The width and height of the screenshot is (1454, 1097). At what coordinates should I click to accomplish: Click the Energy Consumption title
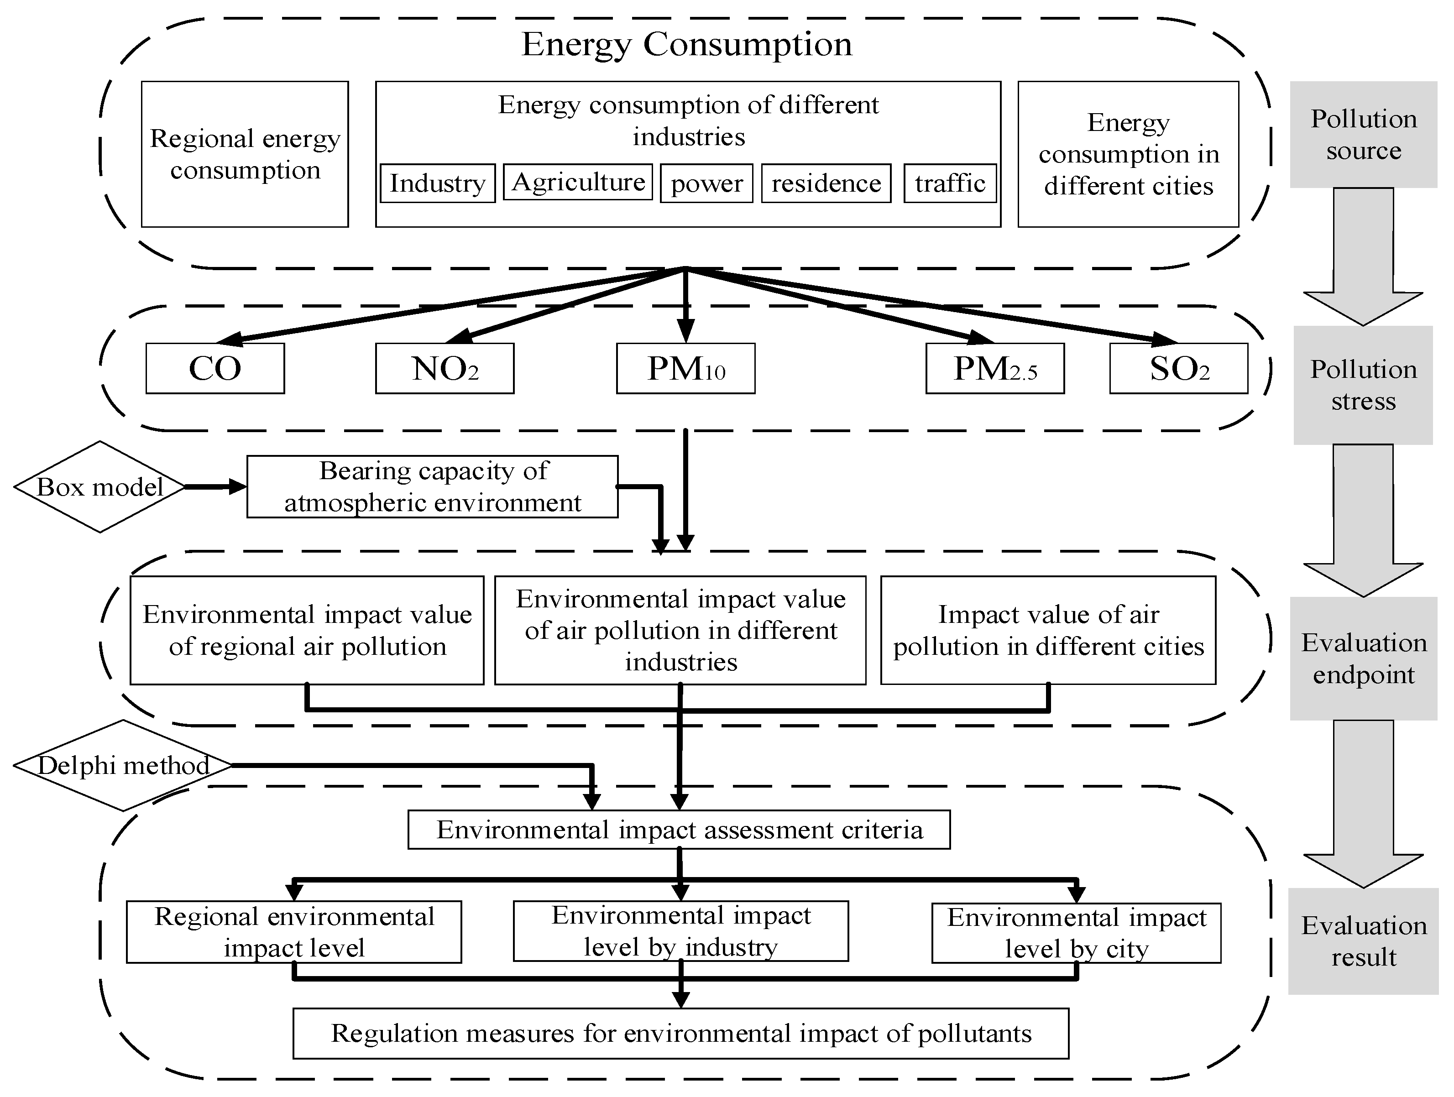tap(687, 45)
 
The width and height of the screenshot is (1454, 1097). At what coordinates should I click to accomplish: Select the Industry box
tap(437, 183)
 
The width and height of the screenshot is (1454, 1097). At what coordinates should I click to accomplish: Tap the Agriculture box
tap(578, 182)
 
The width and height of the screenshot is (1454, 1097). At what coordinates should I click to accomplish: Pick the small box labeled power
tap(706, 183)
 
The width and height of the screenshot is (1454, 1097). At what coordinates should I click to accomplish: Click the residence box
tap(826, 183)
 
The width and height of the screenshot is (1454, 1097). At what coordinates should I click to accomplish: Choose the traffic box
tap(950, 183)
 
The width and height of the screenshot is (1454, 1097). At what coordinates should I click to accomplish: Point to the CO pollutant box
tap(215, 369)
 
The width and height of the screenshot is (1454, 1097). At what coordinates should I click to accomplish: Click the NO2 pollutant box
tap(445, 369)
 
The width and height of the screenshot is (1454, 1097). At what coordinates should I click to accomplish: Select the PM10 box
tap(685, 369)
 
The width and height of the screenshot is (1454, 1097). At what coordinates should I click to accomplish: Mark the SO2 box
tap(1179, 369)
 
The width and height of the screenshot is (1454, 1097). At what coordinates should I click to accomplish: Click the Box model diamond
tap(99, 487)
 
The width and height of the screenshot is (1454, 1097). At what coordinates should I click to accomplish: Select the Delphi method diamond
tap(123, 766)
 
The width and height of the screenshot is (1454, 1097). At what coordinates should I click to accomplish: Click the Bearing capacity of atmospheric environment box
tap(433, 487)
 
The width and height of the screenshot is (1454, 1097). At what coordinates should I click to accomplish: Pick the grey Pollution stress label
tap(1363, 385)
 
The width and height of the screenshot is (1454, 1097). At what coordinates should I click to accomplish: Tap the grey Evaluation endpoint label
tap(1363, 658)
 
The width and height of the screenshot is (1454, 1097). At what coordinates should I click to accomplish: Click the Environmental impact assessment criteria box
tap(679, 830)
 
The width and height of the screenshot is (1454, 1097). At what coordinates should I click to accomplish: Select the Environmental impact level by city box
tap(1076, 933)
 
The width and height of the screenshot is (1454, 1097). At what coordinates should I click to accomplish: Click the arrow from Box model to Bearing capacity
tap(214, 487)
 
